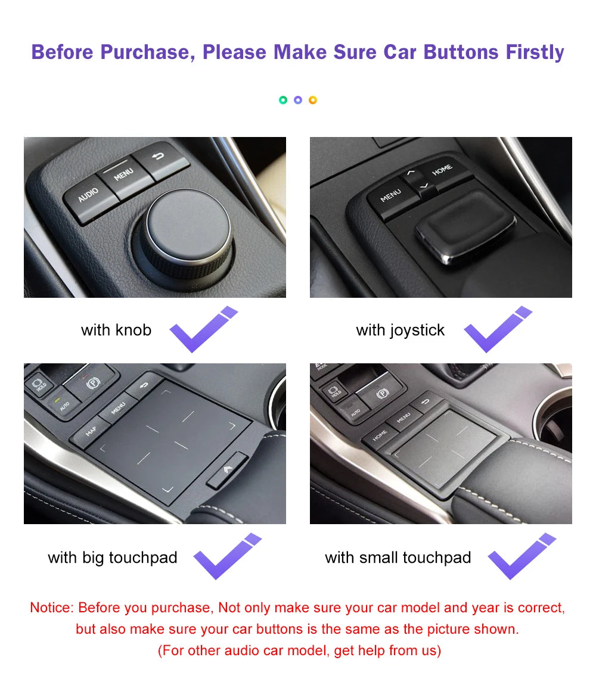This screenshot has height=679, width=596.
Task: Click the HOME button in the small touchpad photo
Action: coord(380,435)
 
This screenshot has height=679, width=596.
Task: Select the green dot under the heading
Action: coord(283,100)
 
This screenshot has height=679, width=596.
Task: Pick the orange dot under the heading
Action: coord(313,100)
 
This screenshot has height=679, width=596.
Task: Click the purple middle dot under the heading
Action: coord(298,100)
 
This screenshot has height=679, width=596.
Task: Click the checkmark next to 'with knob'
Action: coord(202,330)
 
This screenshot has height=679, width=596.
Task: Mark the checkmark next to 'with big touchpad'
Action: coord(226,557)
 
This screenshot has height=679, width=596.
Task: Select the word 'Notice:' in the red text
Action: coord(51,608)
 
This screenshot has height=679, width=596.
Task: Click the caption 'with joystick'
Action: coord(400,331)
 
